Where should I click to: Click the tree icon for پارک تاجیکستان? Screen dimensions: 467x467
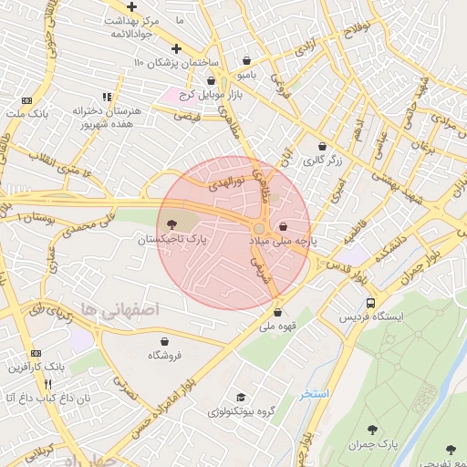tap(172, 224)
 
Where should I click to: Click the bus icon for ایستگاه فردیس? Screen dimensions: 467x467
tap(370, 302)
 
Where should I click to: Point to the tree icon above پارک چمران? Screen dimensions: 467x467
tap(371, 429)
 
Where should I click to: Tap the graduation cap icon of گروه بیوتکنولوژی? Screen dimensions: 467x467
tap(241, 397)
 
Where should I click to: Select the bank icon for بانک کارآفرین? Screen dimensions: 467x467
tap(36, 353)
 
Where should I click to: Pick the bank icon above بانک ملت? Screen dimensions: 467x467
tap(26, 99)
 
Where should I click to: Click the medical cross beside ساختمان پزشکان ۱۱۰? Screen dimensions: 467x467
tap(177, 47)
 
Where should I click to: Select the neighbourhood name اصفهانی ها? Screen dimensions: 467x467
tap(119, 310)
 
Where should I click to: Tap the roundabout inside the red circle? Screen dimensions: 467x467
tap(260, 228)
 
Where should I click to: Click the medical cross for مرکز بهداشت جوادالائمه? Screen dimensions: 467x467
tap(131, 6)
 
